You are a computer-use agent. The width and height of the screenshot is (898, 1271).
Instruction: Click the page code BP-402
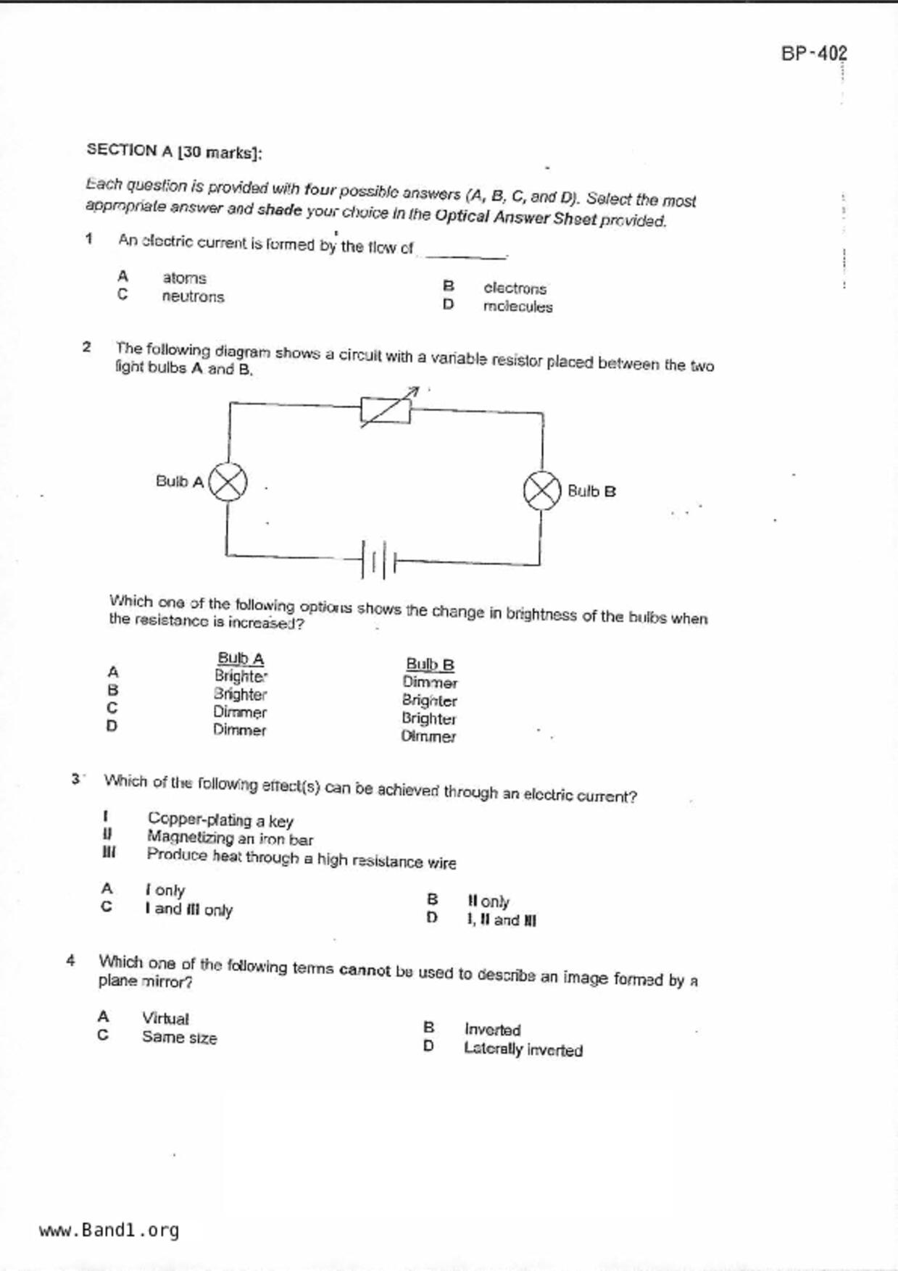coord(814,54)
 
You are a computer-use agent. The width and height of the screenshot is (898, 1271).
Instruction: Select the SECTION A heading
coord(174,151)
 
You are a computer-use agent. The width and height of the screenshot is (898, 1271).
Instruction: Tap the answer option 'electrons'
coord(515,288)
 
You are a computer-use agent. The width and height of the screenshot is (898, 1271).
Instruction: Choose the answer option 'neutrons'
coord(193,297)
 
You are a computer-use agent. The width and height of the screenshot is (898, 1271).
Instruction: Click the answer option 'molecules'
coord(517,307)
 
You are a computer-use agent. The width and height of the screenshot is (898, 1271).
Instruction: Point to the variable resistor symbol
coord(386,411)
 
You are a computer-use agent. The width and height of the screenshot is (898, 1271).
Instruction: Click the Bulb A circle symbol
coord(228,482)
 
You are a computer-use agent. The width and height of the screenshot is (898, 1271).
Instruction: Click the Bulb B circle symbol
coord(542,491)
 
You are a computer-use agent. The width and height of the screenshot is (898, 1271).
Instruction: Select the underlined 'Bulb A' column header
coord(241,659)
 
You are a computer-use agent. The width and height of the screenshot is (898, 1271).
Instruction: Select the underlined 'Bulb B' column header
coord(430,664)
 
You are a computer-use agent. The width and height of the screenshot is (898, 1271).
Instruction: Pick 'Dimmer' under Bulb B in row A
coord(430,683)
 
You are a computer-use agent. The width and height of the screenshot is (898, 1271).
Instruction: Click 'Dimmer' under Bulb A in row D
coord(239,730)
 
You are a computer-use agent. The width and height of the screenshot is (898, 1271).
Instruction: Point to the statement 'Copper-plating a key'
coord(220,820)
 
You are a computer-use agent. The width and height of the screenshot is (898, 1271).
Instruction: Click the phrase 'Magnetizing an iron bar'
coord(230,838)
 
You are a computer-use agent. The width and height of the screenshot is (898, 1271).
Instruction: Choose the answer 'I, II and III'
coord(502,920)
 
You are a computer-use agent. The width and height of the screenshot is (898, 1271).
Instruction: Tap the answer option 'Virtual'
coord(165,1019)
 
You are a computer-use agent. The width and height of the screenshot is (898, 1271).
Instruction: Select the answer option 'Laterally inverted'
coord(523,1049)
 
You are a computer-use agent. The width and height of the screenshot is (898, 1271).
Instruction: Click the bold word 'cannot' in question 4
coord(365,970)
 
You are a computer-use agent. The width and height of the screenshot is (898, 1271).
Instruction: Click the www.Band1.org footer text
coord(109,1230)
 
